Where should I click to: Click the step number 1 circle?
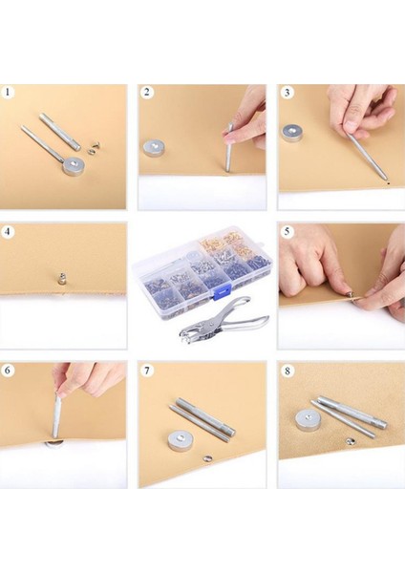point(7,92)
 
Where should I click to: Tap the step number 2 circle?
point(146,92)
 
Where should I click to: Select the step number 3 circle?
point(287,93)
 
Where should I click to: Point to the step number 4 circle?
point(8,232)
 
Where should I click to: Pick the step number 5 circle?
point(288,232)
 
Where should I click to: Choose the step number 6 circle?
point(8,371)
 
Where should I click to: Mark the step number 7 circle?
point(146,371)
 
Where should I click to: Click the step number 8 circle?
point(288,371)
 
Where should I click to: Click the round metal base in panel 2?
point(154,148)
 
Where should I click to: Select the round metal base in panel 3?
point(292,133)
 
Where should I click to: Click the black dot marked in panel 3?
point(388,182)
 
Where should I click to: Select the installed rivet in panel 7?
point(207,457)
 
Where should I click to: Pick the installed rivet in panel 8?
point(351,441)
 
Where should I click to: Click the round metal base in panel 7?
point(180,439)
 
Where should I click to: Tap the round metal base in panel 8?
point(307,420)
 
